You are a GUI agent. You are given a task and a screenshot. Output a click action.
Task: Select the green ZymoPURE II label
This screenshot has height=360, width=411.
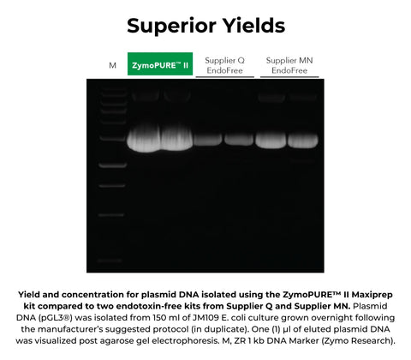pyautogui.click(x=159, y=64)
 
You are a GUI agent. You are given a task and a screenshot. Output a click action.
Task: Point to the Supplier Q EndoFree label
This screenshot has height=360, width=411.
pyautogui.click(x=224, y=65)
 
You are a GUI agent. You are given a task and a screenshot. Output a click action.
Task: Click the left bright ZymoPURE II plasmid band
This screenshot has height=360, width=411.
pyautogui.click(x=144, y=140)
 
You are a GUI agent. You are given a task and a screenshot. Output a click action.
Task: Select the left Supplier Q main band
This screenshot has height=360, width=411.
pyautogui.click(x=208, y=138)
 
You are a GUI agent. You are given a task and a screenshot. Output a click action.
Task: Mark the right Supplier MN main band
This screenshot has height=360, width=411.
pyautogui.click(x=303, y=137)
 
